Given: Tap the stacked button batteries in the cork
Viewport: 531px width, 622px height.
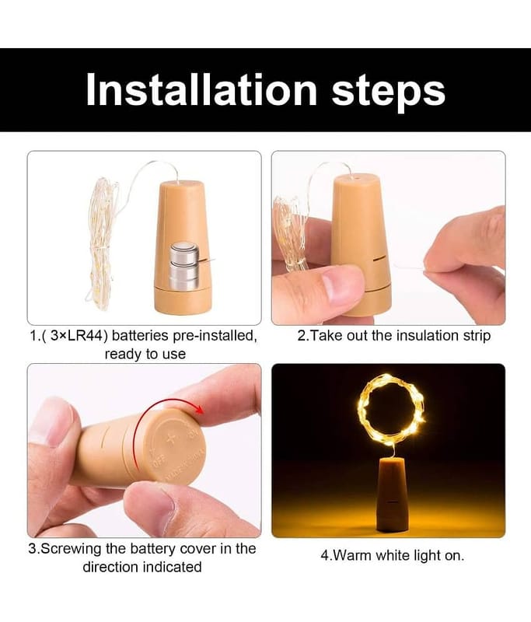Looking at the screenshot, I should click(x=183, y=266).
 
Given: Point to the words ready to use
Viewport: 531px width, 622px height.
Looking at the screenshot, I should click(x=145, y=355).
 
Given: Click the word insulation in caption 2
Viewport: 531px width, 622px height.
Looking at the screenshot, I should click(x=417, y=336).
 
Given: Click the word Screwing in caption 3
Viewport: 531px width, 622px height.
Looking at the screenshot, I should click(x=72, y=548).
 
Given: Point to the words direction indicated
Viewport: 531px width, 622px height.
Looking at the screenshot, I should click(x=142, y=567).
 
